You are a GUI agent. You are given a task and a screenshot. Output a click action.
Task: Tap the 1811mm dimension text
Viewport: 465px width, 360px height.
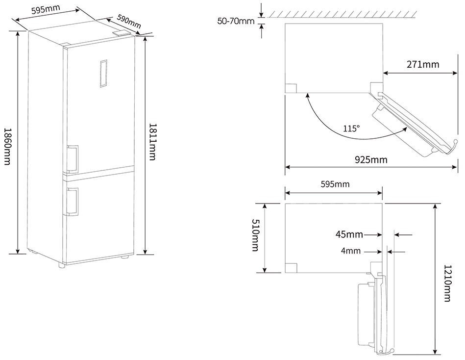tap(152, 142)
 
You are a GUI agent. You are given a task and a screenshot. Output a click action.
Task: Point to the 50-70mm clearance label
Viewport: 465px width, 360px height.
tap(236, 21)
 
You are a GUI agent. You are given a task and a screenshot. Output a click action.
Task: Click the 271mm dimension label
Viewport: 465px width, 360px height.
tap(422, 64)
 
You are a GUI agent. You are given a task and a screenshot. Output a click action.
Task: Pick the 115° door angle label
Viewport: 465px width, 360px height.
tap(351, 129)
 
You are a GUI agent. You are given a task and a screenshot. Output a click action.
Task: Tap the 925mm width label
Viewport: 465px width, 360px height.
tap(371, 160)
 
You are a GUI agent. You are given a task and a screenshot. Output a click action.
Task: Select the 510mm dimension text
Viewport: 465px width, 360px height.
tap(255, 235)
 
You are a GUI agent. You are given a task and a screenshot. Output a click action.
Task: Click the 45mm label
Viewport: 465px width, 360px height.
tap(349, 234)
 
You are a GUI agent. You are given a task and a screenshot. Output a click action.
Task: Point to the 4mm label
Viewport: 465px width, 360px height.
tap(350, 251)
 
